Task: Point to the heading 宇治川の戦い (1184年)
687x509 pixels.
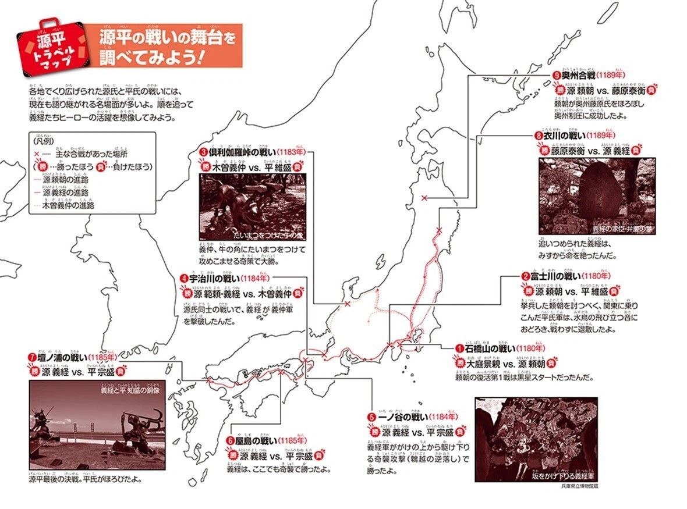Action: (229, 279)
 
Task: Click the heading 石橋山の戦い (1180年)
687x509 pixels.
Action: (501, 348)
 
